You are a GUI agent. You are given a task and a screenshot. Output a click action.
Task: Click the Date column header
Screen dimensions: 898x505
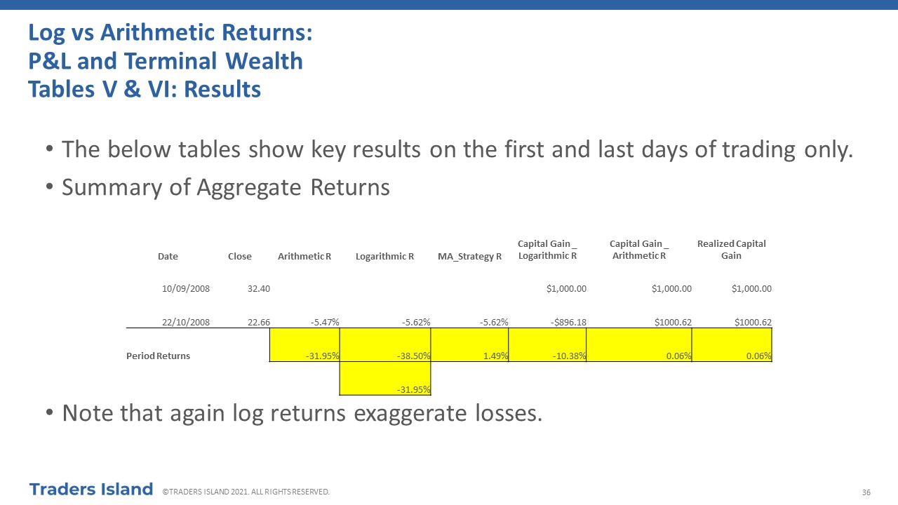(168, 257)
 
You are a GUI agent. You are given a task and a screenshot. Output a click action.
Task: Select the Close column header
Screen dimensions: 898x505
(240, 257)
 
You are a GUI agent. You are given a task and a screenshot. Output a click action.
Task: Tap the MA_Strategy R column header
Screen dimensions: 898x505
(469, 257)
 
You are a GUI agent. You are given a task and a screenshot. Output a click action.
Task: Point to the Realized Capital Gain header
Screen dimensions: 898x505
(731, 250)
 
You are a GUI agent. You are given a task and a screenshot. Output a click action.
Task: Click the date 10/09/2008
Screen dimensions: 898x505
(186, 288)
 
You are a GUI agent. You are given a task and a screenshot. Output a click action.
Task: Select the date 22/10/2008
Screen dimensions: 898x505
(186, 322)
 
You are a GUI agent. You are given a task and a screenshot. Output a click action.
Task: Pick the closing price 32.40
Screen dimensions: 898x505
(259, 288)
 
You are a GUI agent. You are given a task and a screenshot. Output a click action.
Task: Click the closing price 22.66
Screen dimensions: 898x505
(259, 322)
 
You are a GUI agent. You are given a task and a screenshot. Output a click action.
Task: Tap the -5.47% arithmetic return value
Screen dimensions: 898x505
(325, 322)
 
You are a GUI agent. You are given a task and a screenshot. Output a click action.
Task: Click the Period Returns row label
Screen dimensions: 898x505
(158, 356)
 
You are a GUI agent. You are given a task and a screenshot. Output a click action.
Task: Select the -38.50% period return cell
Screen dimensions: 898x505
(385, 345)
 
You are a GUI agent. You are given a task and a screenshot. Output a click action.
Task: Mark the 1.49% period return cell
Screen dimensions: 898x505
(469, 345)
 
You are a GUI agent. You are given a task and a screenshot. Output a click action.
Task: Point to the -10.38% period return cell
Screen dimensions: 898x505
(547, 345)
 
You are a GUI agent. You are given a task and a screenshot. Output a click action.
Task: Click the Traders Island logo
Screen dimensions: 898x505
(91, 490)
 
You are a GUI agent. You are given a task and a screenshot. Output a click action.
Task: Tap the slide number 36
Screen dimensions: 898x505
(866, 492)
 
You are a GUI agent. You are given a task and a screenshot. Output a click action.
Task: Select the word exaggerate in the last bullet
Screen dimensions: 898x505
(410, 415)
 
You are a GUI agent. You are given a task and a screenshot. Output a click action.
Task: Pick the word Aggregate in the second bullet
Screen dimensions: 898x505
(248, 188)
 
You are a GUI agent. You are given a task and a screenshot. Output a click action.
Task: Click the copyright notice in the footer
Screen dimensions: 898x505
(246, 492)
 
